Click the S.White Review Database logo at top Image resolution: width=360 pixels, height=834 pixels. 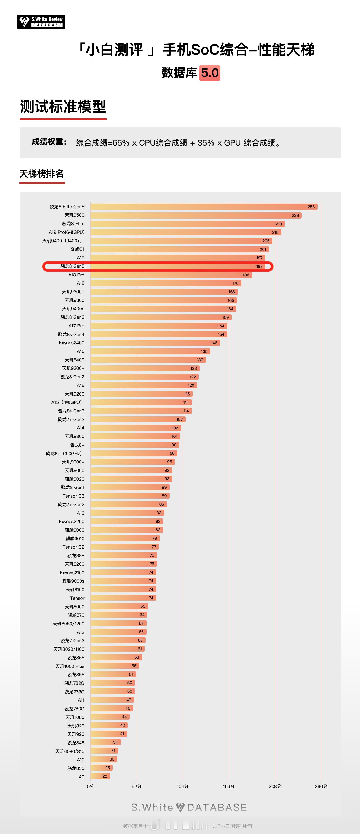(41, 22)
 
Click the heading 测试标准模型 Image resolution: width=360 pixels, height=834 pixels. (63, 107)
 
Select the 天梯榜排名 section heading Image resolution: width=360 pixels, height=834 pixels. (41, 174)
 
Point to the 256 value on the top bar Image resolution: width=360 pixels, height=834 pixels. (311, 207)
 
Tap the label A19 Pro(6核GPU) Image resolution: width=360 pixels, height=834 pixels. (66, 232)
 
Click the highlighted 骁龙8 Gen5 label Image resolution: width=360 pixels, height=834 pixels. (72, 266)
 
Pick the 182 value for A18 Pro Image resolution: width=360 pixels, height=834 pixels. (246, 275)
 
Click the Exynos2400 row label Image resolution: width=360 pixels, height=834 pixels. (71, 343)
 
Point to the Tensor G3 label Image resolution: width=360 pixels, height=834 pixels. (73, 496)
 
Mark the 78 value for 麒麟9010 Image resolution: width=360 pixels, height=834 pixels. (154, 539)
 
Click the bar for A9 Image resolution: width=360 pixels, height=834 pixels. (100, 776)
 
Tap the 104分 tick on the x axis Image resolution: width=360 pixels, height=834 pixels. (183, 786)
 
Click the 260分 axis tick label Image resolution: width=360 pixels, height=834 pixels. (321, 786)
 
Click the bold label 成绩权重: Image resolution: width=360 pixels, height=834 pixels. (49, 142)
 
